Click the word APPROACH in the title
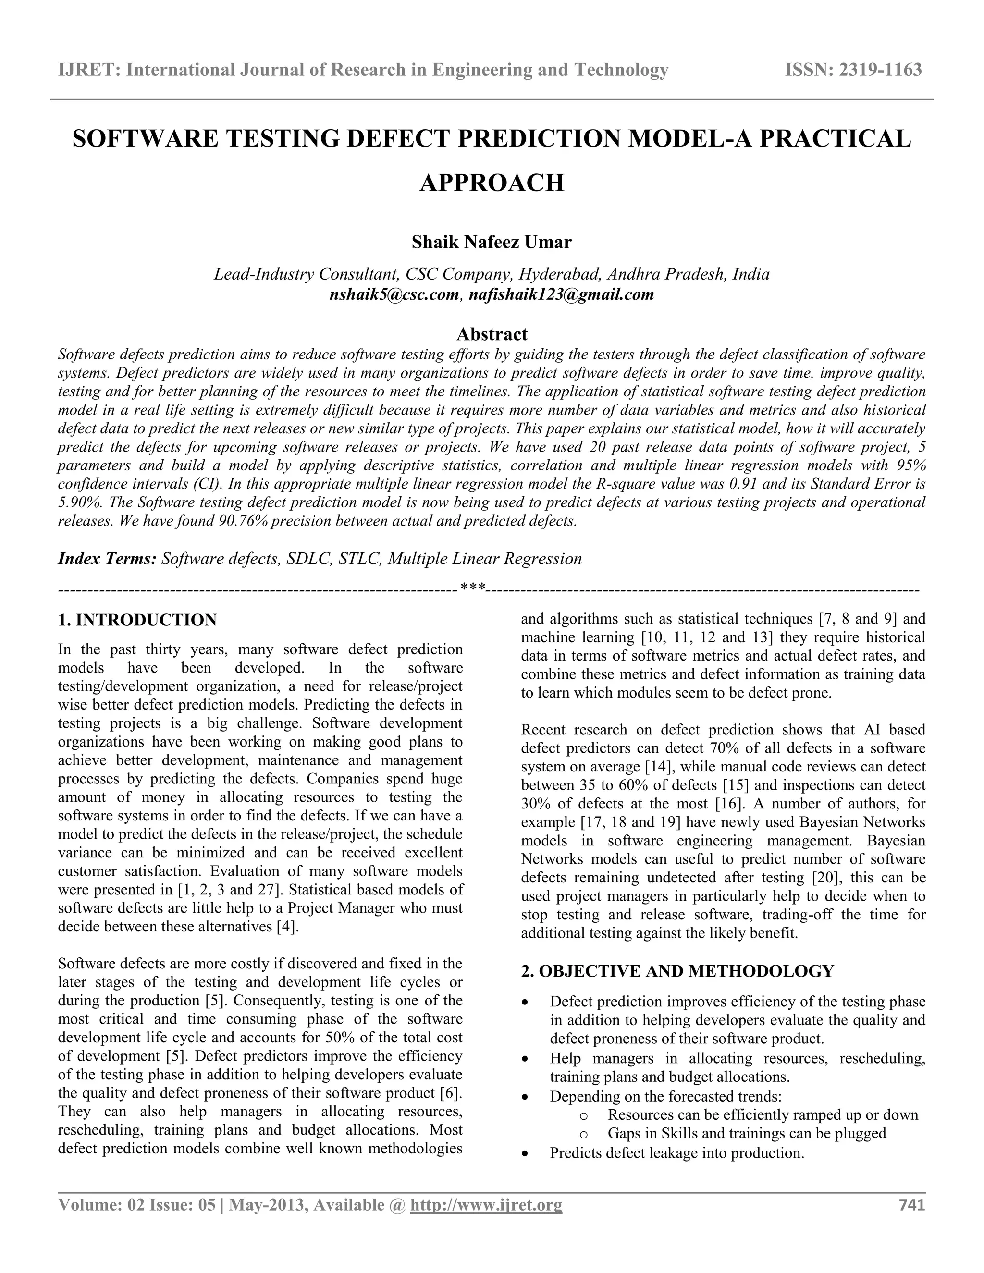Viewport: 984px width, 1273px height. (492, 183)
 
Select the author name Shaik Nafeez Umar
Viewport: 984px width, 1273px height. (492, 242)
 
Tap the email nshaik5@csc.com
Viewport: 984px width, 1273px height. (394, 294)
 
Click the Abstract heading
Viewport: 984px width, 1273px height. (492, 334)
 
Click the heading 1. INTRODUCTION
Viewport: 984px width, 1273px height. (137, 620)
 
